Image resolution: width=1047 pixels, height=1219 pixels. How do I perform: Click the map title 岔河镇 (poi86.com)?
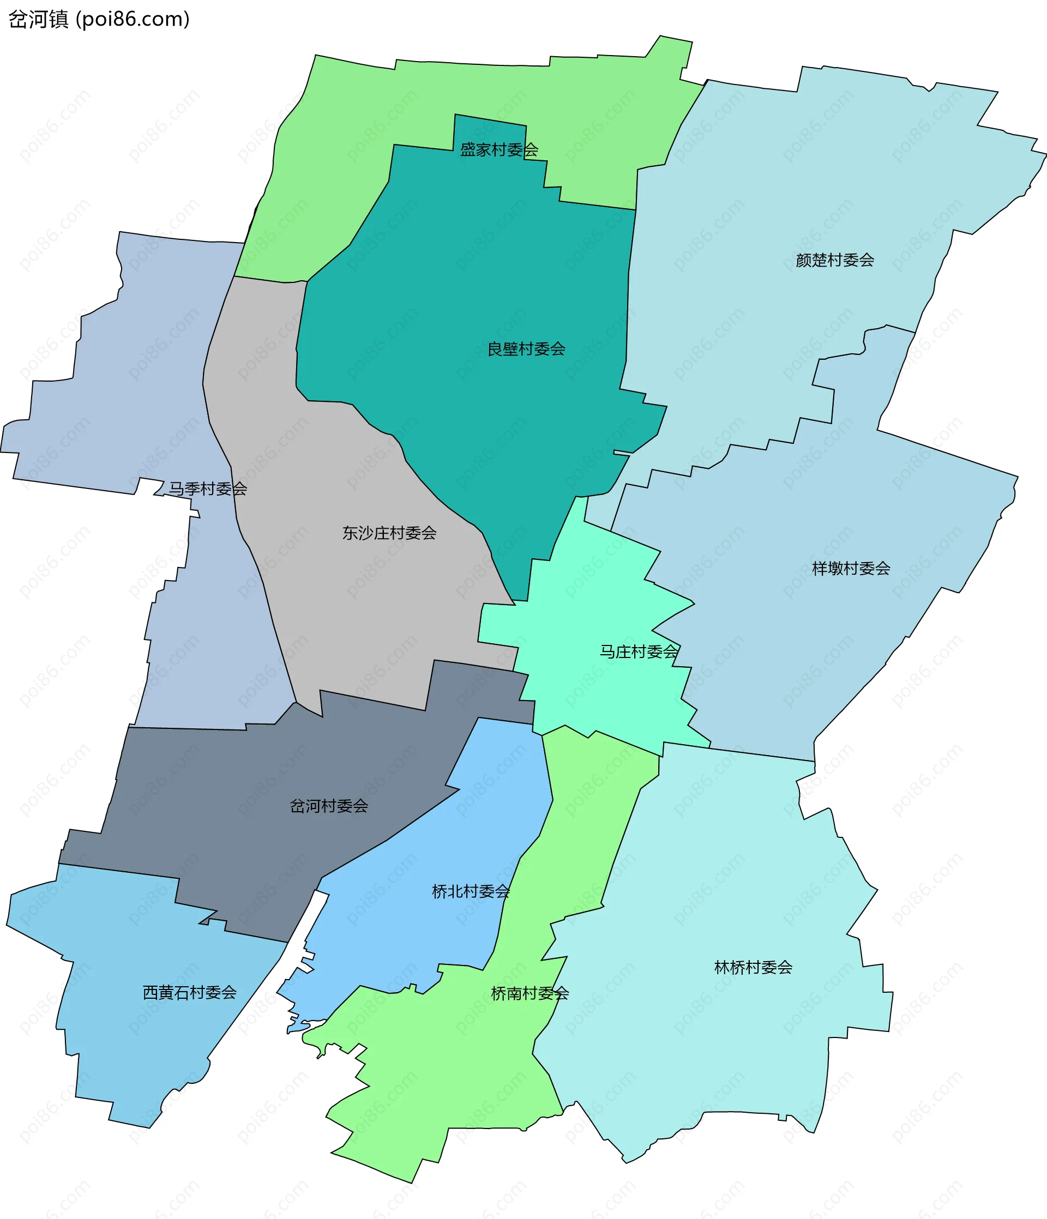pyautogui.click(x=99, y=20)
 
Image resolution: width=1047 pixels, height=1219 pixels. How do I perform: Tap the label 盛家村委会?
pyautogui.click(x=498, y=150)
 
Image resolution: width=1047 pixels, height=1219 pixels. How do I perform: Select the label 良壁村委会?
pyautogui.click(x=526, y=349)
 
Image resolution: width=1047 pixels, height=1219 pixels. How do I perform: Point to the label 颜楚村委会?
pyautogui.click(x=834, y=260)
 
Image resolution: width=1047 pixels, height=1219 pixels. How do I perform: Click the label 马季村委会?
pyautogui.click(x=208, y=488)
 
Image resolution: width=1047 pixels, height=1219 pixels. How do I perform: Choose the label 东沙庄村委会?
pyautogui.click(x=389, y=533)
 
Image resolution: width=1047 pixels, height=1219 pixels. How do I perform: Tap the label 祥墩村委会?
pyautogui.click(x=851, y=568)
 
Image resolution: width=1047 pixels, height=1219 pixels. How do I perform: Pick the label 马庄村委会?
pyautogui.click(x=639, y=651)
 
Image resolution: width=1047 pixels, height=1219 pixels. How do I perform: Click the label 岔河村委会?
pyautogui.click(x=328, y=806)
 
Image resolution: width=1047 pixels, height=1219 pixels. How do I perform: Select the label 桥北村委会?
pyautogui.click(x=470, y=892)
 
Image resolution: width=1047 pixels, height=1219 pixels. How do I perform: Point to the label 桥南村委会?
pyautogui.click(x=529, y=994)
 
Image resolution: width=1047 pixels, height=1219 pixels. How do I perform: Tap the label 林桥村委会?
pyautogui.click(x=753, y=967)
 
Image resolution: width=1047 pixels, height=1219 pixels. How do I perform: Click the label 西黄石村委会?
pyautogui.click(x=190, y=993)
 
